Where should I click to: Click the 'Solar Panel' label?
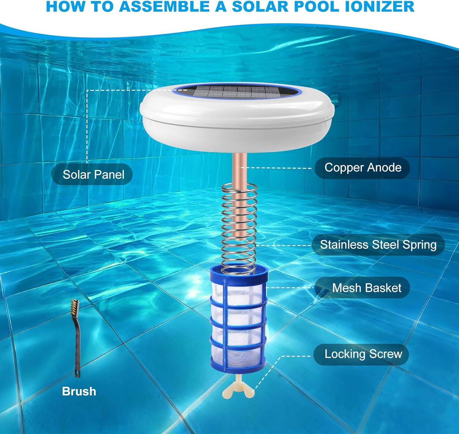click(93, 174)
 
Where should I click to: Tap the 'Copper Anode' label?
click(363, 167)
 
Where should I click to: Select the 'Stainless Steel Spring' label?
click(378, 245)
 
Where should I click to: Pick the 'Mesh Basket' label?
click(366, 288)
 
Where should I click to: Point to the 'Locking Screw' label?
click(363, 354)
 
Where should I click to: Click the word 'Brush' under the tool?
click(79, 391)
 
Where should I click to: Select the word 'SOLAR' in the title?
click(256, 7)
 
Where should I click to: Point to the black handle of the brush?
click(77, 346)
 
